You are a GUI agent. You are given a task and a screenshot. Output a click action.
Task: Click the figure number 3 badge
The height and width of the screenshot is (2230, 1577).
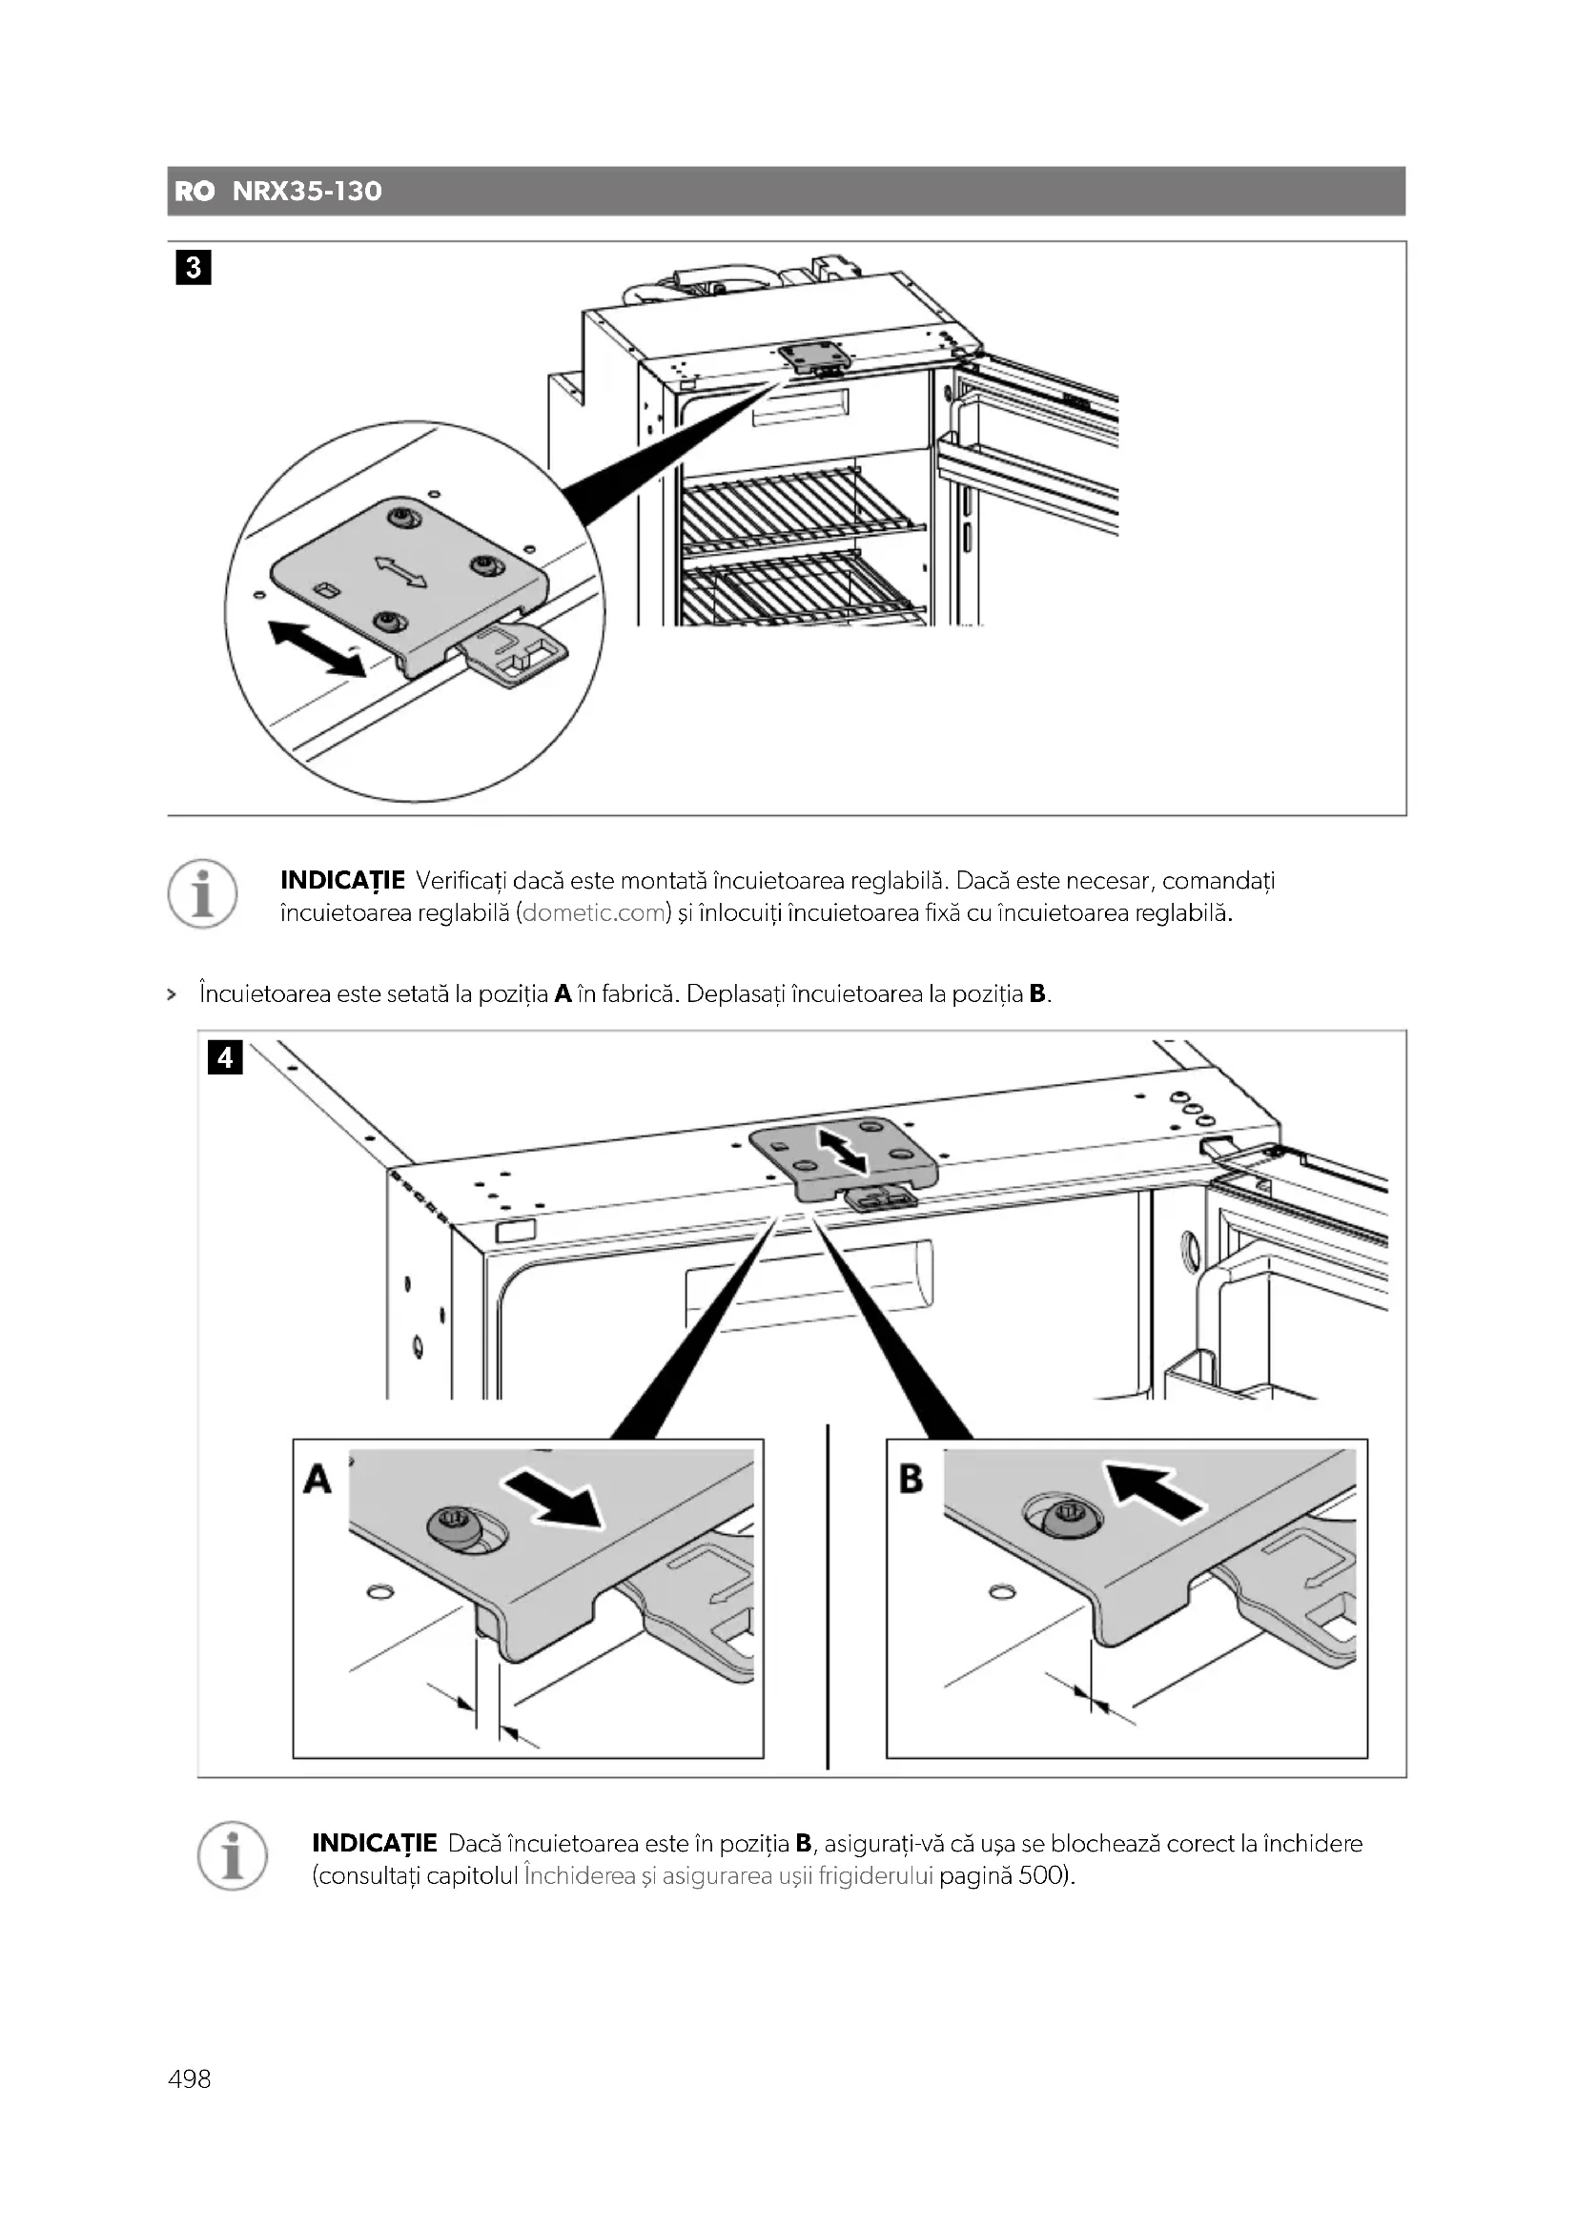point(194,268)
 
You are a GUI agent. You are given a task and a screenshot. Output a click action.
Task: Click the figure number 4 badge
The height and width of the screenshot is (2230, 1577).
point(225,1056)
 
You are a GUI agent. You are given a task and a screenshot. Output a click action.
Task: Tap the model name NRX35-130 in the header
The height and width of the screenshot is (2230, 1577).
point(307,192)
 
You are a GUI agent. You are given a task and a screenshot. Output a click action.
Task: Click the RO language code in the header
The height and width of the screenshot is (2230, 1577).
point(195,192)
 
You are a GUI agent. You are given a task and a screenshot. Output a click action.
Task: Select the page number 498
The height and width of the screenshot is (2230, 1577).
point(190,2078)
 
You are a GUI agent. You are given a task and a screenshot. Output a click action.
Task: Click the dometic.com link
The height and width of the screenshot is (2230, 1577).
point(595,913)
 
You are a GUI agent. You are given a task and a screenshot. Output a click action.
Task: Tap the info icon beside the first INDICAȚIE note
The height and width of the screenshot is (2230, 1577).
point(202,893)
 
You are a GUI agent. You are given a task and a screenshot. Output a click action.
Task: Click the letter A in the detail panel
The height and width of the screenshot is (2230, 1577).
point(317,1480)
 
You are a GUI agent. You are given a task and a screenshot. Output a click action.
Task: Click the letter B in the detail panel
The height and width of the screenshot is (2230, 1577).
point(911,1480)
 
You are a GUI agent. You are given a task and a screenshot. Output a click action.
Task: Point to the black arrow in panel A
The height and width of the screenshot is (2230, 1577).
point(554,1500)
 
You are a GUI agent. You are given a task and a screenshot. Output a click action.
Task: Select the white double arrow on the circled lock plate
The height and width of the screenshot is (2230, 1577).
point(401,571)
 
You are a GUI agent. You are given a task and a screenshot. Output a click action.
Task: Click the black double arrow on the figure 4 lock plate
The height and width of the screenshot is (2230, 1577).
point(843,1150)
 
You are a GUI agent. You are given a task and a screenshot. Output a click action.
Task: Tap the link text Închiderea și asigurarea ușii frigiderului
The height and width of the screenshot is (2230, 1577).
point(728,1875)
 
